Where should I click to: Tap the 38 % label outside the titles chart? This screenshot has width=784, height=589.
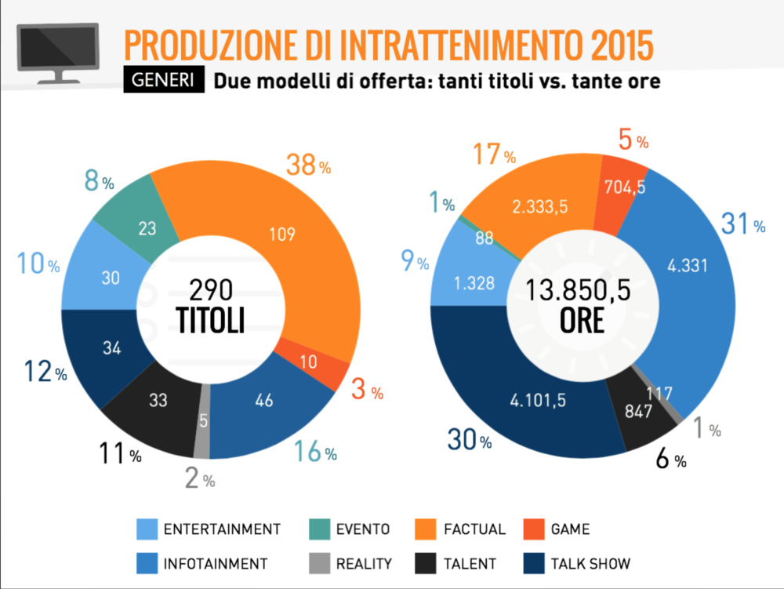coord(307,165)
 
